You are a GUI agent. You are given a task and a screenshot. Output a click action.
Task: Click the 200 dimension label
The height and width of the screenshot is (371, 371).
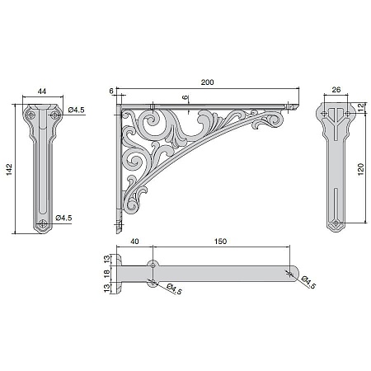(x=207, y=82)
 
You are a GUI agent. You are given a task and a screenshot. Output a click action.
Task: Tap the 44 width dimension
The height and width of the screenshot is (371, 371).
(x=42, y=92)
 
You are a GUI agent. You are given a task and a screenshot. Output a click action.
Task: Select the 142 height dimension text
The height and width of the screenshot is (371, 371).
(x=9, y=169)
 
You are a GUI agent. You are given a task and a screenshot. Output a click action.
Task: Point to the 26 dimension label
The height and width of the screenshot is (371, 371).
(x=336, y=89)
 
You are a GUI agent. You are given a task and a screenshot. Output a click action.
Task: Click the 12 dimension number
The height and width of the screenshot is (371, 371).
(x=361, y=108)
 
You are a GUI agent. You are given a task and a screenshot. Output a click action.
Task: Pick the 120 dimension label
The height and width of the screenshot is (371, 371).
(x=361, y=169)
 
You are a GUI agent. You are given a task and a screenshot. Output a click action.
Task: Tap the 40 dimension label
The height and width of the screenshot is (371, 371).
(x=134, y=241)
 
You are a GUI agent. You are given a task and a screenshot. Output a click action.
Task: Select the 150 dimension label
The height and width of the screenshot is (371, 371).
(x=220, y=241)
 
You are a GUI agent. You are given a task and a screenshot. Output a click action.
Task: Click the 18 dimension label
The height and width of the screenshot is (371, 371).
(x=107, y=273)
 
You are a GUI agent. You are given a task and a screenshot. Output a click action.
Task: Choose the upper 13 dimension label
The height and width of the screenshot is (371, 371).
(x=107, y=259)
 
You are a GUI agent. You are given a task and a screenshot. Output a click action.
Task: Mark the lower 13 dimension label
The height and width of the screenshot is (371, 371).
(x=107, y=288)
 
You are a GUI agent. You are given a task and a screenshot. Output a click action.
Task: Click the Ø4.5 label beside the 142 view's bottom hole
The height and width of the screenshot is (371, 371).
(x=63, y=218)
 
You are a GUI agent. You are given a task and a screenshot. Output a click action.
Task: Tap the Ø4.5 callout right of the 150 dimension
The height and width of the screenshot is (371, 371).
(x=308, y=282)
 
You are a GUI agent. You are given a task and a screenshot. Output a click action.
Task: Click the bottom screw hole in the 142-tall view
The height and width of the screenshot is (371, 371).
(x=42, y=224)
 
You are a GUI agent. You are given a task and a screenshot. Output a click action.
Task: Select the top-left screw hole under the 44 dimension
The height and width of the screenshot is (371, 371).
(x=31, y=115)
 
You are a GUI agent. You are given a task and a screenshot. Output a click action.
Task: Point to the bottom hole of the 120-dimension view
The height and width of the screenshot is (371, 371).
(x=336, y=223)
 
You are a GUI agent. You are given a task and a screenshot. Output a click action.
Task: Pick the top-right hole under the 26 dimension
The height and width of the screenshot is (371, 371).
(x=347, y=113)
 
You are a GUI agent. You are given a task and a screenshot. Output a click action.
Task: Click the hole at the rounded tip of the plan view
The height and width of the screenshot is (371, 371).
(x=289, y=274)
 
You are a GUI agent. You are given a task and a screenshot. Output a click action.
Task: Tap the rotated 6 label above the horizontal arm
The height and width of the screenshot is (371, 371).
(x=185, y=97)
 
